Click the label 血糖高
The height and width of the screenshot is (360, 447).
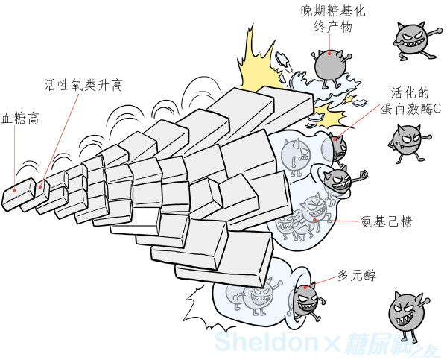(20, 119)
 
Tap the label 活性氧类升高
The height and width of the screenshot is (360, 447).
(83, 85)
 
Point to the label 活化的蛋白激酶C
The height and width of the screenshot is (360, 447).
(410, 101)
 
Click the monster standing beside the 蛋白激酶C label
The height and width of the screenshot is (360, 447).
(407, 142)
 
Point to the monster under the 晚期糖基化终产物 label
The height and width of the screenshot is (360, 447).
(330, 63)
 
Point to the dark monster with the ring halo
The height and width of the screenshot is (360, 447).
(338, 179)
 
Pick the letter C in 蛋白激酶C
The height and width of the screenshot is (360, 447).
(437, 109)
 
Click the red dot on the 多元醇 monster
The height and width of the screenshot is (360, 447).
(303, 288)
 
